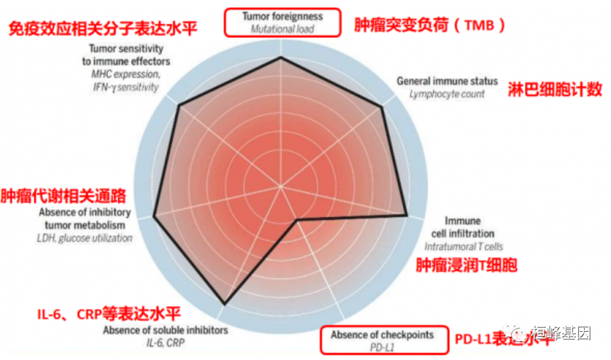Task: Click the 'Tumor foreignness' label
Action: (x=283, y=16)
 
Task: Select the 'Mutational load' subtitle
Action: (x=283, y=29)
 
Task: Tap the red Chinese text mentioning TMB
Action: (x=430, y=25)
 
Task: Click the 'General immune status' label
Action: (x=447, y=81)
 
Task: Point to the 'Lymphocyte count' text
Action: (x=447, y=94)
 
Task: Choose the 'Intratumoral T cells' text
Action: (x=463, y=247)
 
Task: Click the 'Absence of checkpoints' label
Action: (x=382, y=335)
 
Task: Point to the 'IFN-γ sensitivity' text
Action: (x=125, y=87)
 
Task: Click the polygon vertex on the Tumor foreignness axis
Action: (x=281, y=58)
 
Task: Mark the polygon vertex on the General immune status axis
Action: (x=382, y=107)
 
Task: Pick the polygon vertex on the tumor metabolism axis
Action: (x=154, y=217)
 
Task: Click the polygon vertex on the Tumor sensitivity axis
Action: (x=180, y=106)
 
